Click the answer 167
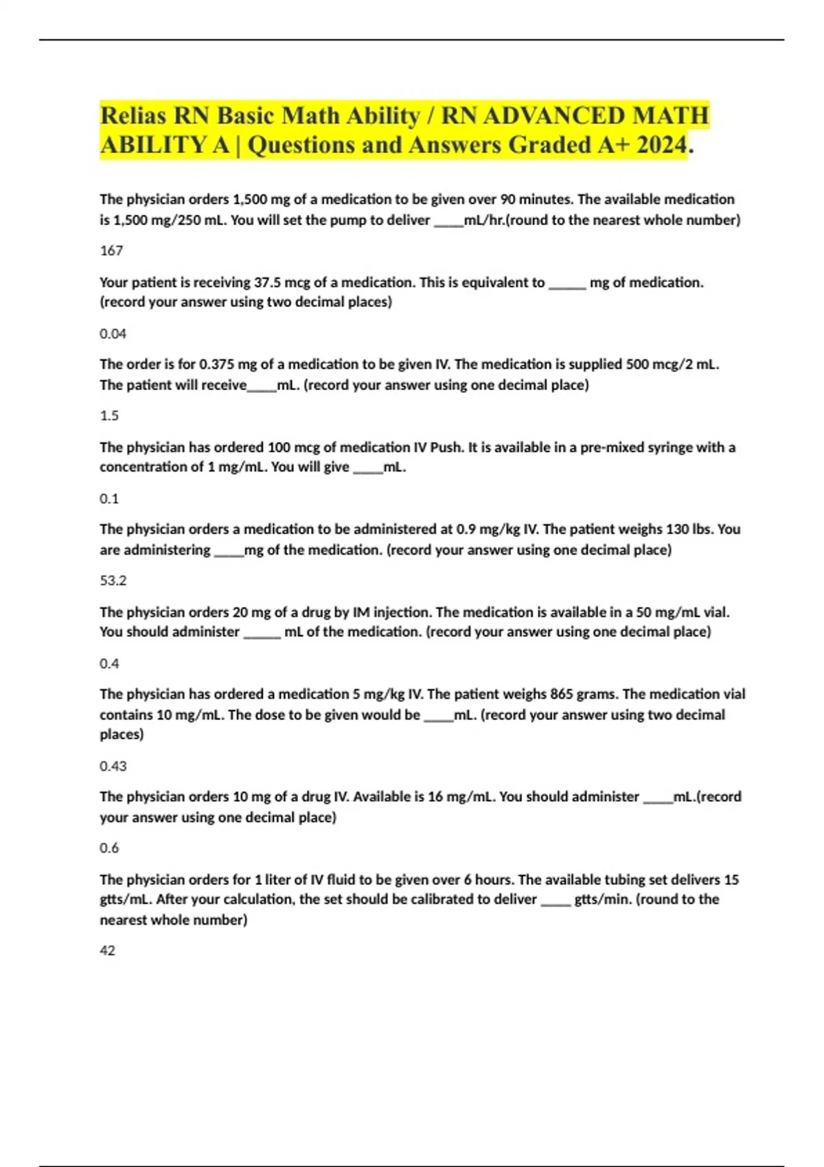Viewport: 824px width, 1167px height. (111, 251)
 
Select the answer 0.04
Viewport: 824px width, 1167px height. (113, 334)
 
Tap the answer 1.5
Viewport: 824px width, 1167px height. (109, 415)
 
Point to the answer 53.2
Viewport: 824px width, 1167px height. (113, 581)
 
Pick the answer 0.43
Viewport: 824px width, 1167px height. (113, 766)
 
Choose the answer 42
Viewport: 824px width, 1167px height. (107, 951)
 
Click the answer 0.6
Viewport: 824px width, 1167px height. (109, 848)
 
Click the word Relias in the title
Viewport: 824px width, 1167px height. (133, 115)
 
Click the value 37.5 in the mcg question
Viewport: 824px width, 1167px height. (268, 282)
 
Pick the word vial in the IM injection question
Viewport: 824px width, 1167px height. (715, 612)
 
